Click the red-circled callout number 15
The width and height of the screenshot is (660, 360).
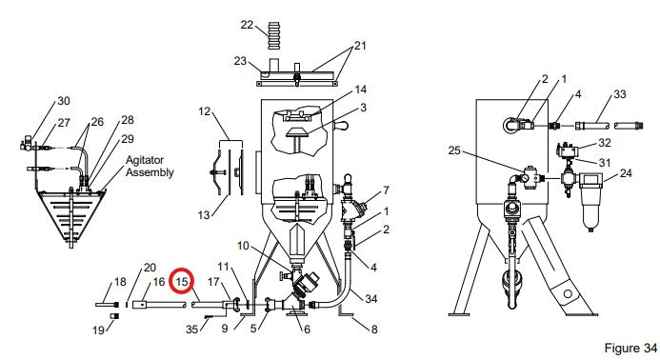(x=182, y=281)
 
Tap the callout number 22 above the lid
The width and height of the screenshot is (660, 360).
(x=247, y=25)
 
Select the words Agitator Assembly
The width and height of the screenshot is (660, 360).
(x=150, y=167)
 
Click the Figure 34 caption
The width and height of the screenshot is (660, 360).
(x=630, y=349)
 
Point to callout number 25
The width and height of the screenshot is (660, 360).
(x=454, y=150)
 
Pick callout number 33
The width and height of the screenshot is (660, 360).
(x=620, y=94)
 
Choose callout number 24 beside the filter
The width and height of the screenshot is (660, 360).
(x=626, y=173)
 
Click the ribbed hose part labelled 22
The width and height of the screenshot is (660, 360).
(x=273, y=36)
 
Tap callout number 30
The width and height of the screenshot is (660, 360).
(x=64, y=101)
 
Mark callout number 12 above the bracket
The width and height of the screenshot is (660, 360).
(x=205, y=111)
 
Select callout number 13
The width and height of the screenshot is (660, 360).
(x=204, y=215)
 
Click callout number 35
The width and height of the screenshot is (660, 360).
(x=192, y=329)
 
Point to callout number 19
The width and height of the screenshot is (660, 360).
(x=98, y=330)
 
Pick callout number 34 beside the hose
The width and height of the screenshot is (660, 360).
(x=370, y=299)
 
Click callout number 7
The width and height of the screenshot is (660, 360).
(x=386, y=190)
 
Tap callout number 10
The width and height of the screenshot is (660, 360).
(x=243, y=246)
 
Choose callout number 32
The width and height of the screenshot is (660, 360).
(x=605, y=143)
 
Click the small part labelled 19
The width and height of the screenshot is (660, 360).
(x=114, y=316)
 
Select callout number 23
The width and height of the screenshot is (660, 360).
(x=240, y=61)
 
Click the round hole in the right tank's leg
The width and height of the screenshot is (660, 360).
(x=567, y=293)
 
